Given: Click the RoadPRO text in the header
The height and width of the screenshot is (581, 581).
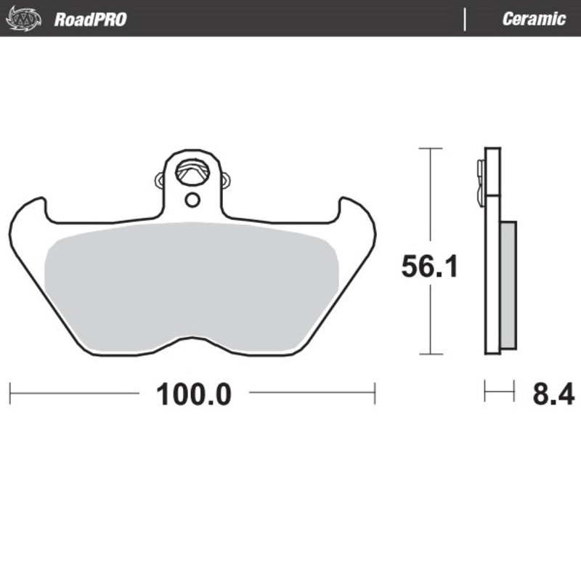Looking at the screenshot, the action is click(x=90, y=20).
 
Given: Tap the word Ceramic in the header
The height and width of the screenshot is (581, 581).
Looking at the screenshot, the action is click(x=534, y=19).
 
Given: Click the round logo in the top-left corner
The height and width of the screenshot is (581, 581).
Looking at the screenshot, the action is click(x=23, y=19).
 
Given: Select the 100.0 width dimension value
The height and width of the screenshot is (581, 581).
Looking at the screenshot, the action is click(x=194, y=394).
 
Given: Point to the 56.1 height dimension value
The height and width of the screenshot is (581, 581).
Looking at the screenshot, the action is click(x=430, y=266).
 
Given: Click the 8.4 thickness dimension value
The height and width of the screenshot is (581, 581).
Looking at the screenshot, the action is click(x=553, y=394).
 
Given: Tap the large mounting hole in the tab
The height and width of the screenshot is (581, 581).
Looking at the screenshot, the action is click(x=192, y=172).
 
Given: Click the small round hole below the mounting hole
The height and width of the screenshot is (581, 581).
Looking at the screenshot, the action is click(x=192, y=200).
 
